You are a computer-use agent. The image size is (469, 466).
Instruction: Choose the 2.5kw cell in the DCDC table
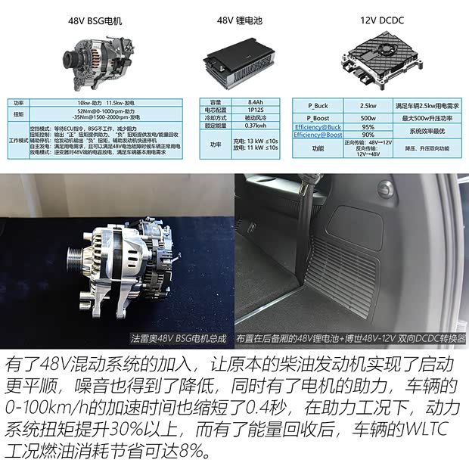[368, 105]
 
